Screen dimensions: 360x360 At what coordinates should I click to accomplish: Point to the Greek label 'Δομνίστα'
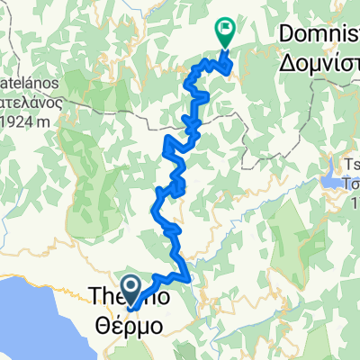point(314,63)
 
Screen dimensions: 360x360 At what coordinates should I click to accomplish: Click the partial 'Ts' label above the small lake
point(347,166)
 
